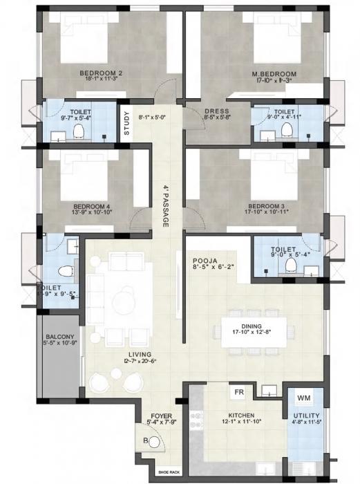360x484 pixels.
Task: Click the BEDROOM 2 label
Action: point(100,74)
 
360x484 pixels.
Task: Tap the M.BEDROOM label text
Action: point(274,74)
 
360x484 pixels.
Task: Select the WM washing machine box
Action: point(304,399)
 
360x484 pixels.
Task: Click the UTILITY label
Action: point(304,416)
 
